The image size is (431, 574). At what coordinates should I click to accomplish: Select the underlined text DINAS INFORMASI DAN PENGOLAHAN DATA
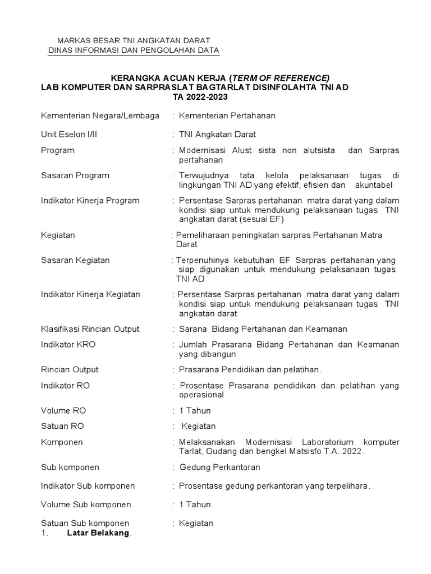point(134,51)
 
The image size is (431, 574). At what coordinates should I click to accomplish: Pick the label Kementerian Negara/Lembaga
point(100,115)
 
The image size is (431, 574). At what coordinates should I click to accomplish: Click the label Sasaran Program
point(75,175)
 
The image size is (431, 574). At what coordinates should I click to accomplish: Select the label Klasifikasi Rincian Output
point(90,328)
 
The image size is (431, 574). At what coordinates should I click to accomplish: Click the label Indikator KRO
point(68,344)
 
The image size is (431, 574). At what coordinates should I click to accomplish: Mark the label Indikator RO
point(65,386)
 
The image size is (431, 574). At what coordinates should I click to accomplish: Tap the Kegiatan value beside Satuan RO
point(198,426)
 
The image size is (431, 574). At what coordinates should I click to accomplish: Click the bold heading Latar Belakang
point(98,533)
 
